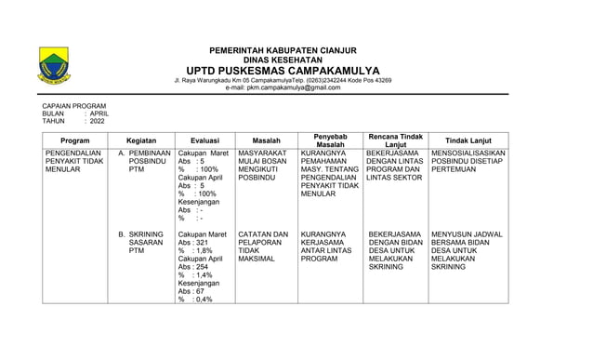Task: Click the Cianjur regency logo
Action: (x=54, y=67)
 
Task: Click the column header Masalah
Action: (x=266, y=140)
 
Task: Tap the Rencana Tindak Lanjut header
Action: (x=397, y=140)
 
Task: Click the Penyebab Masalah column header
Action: (x=330, y=140)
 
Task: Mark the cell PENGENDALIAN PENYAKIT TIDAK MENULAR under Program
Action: (x=73, y=161)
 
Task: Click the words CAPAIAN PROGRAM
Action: (x=75, y=107)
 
